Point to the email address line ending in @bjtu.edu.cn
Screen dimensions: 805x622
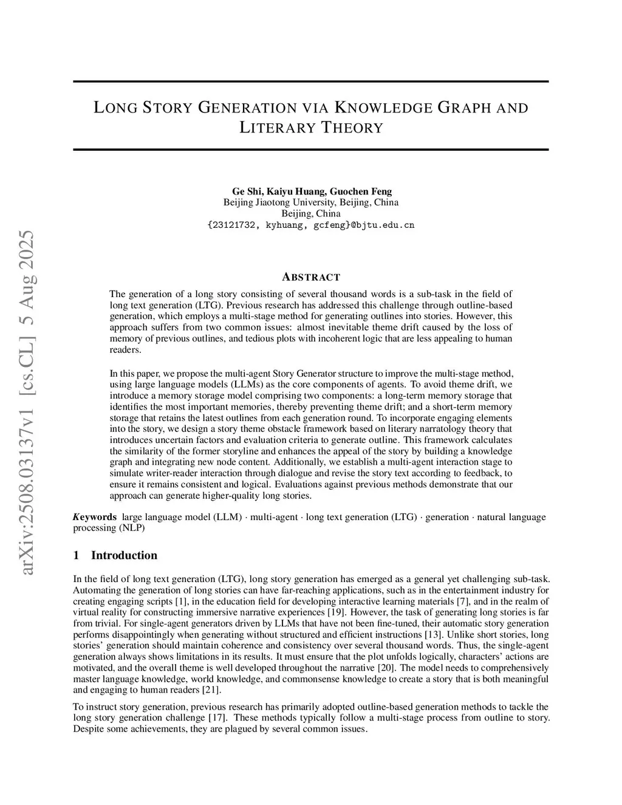pos(310,225)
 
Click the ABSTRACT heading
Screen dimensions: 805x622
pos(311,277)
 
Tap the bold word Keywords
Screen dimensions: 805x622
pos(95,517)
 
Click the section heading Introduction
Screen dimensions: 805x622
pos(124,555)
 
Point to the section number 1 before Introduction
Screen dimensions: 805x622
pos(76,555)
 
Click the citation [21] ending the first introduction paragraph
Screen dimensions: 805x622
pos(210,690)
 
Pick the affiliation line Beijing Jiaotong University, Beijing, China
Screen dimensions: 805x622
pos(310,202)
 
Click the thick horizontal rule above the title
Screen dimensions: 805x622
pos(310,81)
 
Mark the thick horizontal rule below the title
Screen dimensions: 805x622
pos(310,149)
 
